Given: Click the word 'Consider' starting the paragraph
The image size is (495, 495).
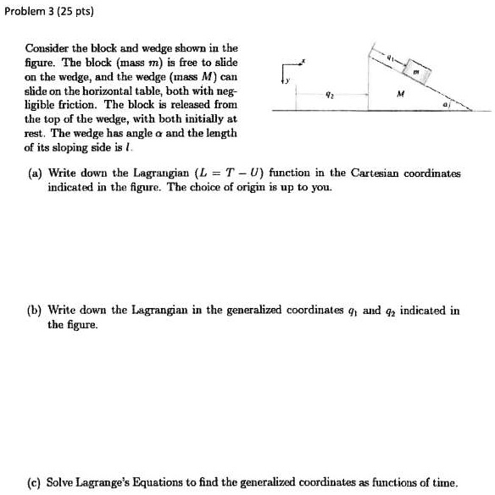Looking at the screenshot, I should coord(46,50).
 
